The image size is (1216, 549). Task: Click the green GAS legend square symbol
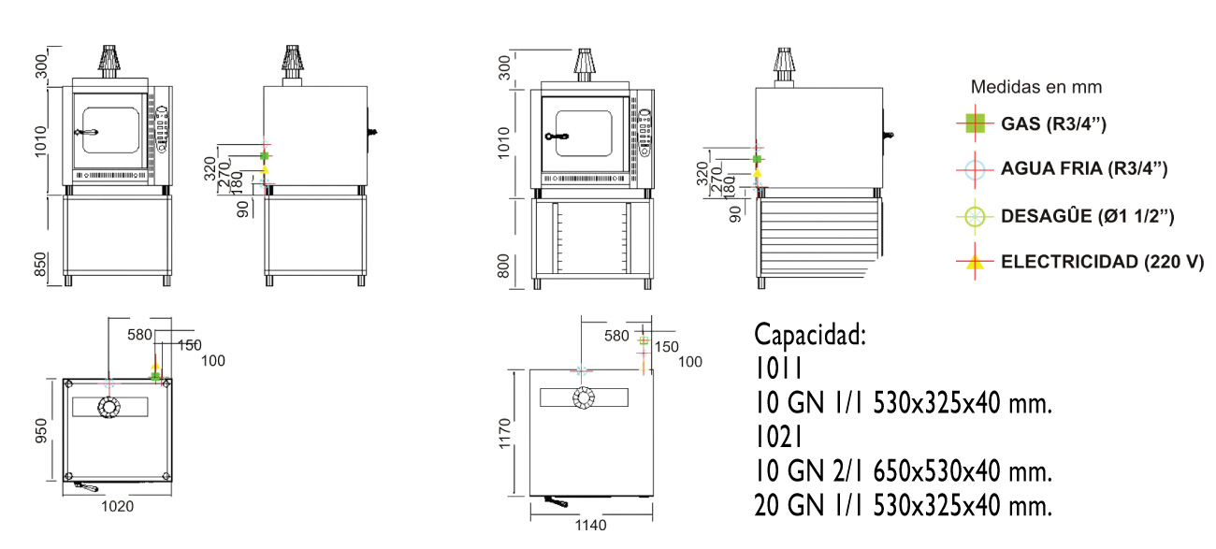pos(975,123)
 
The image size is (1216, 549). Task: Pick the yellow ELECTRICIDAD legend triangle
pos(975,262)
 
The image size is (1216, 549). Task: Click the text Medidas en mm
pos(1035,87)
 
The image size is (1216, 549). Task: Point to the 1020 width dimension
pos(117,506)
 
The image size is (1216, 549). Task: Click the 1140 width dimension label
pos(590,525)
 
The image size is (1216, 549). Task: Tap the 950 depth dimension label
pos(41,430)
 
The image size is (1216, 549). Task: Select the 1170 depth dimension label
pos(505,433)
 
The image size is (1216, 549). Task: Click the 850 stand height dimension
pos(41,264)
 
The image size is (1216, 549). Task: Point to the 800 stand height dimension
pos(504,267)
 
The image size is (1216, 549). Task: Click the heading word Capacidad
pos(810,335)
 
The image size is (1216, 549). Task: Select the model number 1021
pos(778,437)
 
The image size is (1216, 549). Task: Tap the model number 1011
pos(778,368)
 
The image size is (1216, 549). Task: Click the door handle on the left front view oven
pos(86,132)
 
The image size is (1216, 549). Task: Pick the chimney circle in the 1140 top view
pos(584,397)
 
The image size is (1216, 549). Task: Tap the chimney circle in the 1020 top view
pos(109,407)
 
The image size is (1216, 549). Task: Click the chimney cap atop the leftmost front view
pos(109,58)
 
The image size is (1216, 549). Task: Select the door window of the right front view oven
pos(584,134)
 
